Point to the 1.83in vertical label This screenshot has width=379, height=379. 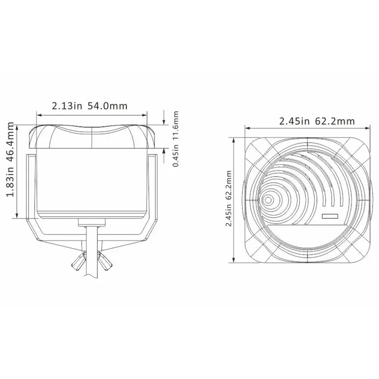click(10, 189)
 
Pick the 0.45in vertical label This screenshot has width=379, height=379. click(176, 155)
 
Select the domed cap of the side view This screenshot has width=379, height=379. click(93, 136)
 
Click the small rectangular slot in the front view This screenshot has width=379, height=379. click(329, 216)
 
